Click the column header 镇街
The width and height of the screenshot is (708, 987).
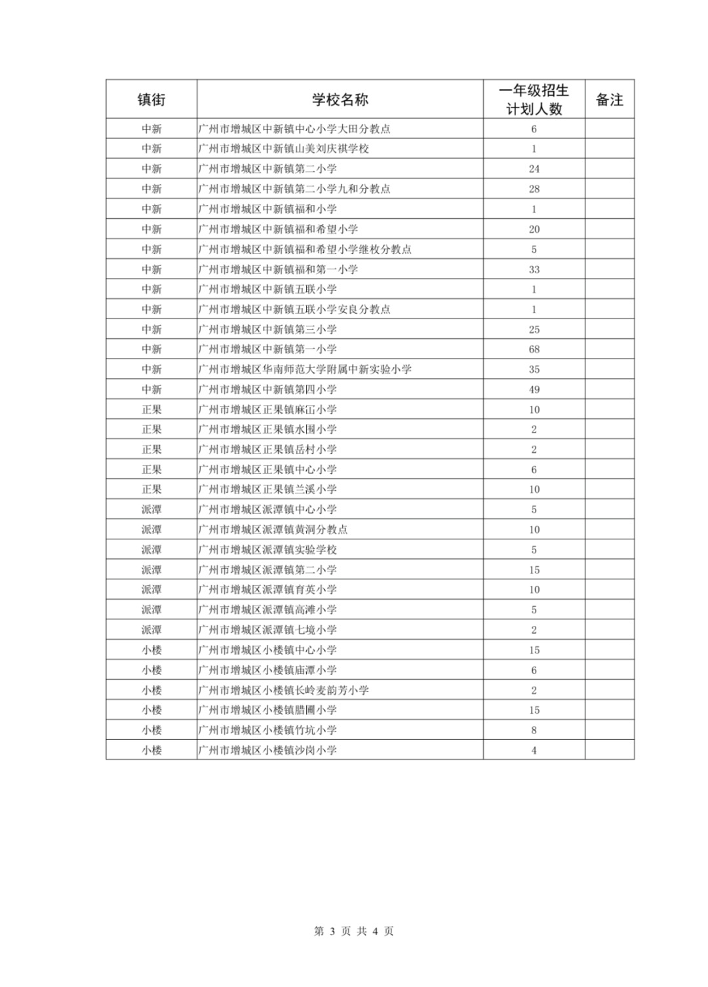[x=151, y=100]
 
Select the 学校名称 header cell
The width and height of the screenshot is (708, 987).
[x=340, y=100]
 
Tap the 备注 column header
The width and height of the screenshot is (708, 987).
[x=609, y=100]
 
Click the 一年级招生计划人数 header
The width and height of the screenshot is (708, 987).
[x=534, y=100]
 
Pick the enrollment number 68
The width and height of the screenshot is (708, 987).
[x=534, y=349]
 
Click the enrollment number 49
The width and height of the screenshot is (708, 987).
[x=534, y=389]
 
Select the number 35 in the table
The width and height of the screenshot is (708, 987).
[x=534, y=370]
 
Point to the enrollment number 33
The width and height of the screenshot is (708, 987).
[x=534, y=269]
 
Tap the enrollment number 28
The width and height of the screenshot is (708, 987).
[x=534, y=189]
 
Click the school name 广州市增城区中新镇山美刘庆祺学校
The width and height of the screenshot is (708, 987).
[x=284, y=149]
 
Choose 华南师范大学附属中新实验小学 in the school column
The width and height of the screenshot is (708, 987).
[x=305, y=370]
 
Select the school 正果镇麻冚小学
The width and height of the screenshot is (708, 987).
[x=268, y=410]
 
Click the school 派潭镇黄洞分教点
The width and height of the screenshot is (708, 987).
[x=273, y=530]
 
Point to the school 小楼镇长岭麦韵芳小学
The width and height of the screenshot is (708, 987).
[x=284, y=690]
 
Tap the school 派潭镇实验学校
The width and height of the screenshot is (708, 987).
[x=268, y=550]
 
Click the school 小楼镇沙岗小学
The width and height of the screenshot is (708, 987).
[x=268, y=750]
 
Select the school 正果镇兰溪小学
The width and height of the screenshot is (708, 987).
[x=268, y=490]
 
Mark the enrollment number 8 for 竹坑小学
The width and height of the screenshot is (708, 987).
[x=534, y=730]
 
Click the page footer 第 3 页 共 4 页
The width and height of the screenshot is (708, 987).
[x=354, y=931]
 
